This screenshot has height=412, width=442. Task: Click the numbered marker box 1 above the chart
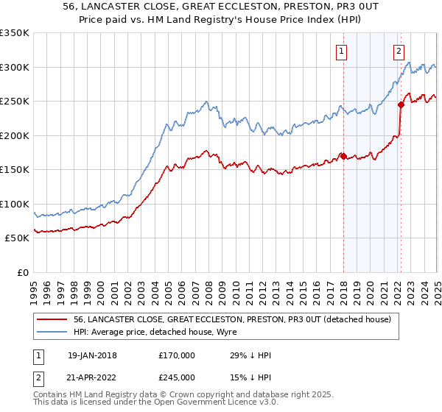pyautogui.click(x=343, y=51)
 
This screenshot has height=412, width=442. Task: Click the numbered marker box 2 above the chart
pyautogui.click(x=399, y=51)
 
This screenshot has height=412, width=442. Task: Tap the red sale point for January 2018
pyautogui.click(x=343, y=156)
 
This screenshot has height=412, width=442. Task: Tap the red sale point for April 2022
pyautogui.click(x=401, y=104)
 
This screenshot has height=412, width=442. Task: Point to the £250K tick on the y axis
pyautogui.click(x=15, y=102)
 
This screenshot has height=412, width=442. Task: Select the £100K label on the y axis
pyautogui.click(x=15, y=204)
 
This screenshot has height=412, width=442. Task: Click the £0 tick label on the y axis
pyautogui.click(x=22, y=272)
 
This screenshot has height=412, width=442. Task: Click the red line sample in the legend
pyautogui.click(x=53, y=319)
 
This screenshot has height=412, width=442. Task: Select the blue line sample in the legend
pyautogui.click(x=53, y=333)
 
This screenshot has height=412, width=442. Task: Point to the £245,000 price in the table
pyautogui.click(x=176, y=377)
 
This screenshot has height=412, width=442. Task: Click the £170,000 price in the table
pyautogui.click(x=176, y=355)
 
